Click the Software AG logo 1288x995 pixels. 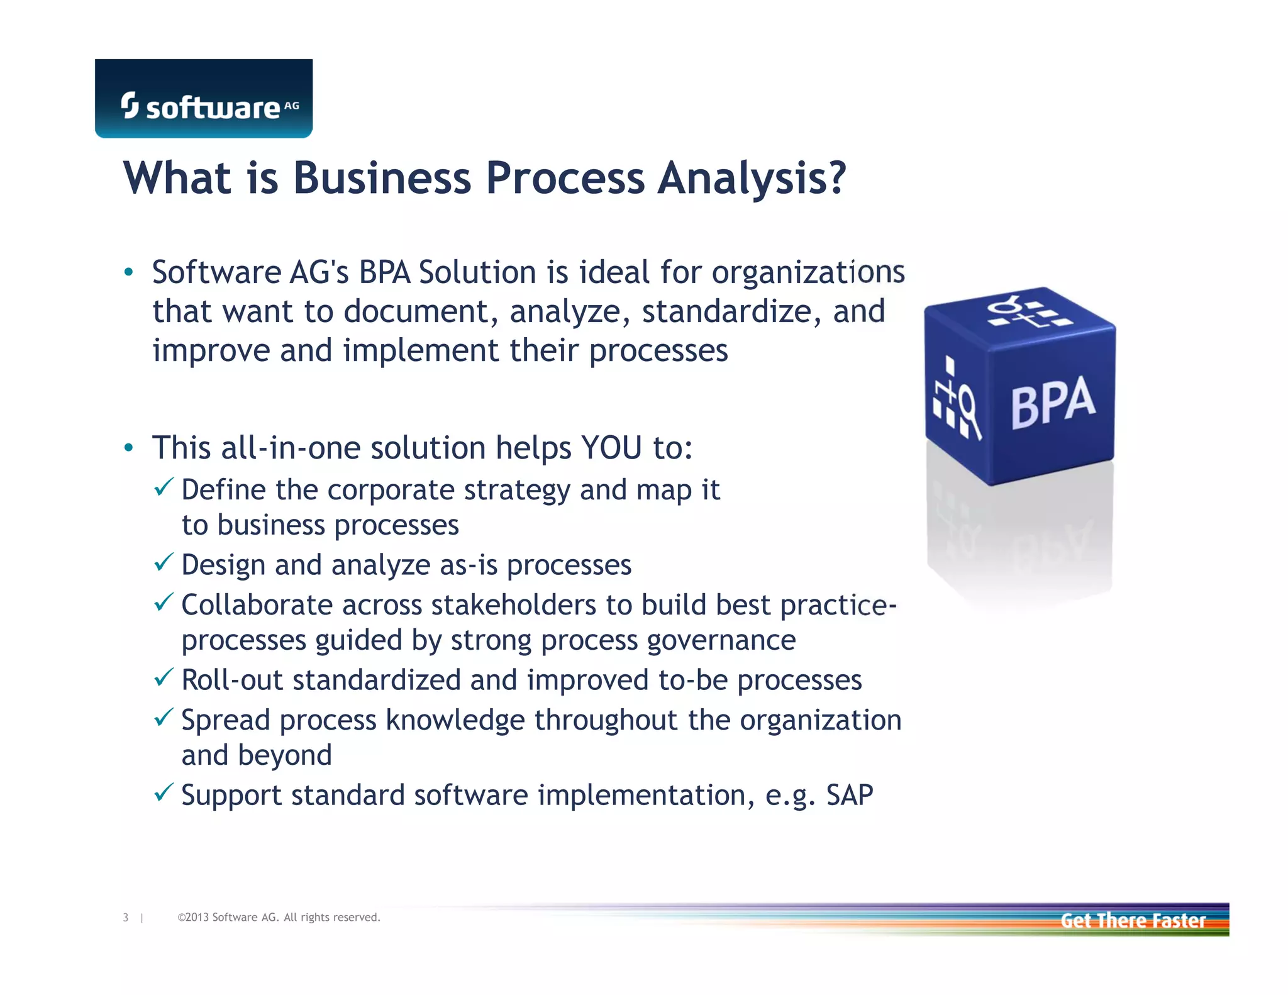pyautogui.click(x=203, y=99)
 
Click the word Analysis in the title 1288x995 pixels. pyautogui.click(x=752, y=179)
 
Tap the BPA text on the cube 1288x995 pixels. pyautogui.click(x=1053, y=403)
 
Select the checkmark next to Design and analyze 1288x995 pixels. pyautogui.click(x=164, y=562)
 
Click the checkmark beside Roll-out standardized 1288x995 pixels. pyautogui.click(x=164, y=677)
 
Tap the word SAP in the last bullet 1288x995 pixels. pyautogui.click(x=849, y=795)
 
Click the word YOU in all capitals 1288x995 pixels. pyautogui.click(x=611, y=448)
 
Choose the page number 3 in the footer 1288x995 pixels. pyautogui.click(x=126, y=918)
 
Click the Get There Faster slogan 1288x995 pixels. pyautogui.click(x=1133, y=920)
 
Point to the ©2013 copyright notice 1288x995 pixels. pyautogui.click(x=279, y=918)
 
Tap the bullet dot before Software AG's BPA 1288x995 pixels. pyautogui.click(x=128, y=272)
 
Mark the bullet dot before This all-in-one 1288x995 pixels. pyautogui.click(x=128, y=448)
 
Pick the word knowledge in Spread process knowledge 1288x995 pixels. pyautogui.click(x=455, y=720)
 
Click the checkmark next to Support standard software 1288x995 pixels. pyautogui.click(x=164, y=792)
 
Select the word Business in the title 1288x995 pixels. pyautogui.click(x=382, y=179)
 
